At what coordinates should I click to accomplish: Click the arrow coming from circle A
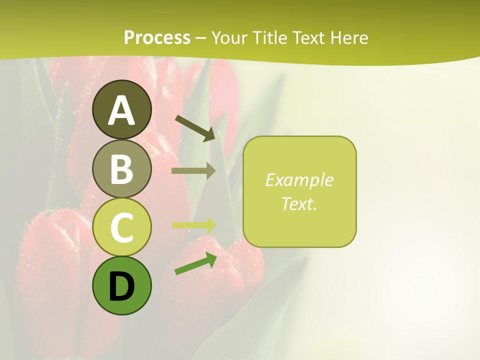(x=195, y=128)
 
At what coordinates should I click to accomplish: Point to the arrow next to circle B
(x=193, y=170)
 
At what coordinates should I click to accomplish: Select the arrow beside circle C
(x=193, y=224)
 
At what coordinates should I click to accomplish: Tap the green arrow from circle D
(x=195, y=264)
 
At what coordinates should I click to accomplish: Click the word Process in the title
(x=157, y=37)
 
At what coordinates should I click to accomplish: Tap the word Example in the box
(x=299, y=180)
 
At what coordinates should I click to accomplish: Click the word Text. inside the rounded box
(x=299, y=203)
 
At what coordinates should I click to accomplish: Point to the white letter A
(x=121, y=110)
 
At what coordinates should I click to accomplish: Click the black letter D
(x=121, y=287)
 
